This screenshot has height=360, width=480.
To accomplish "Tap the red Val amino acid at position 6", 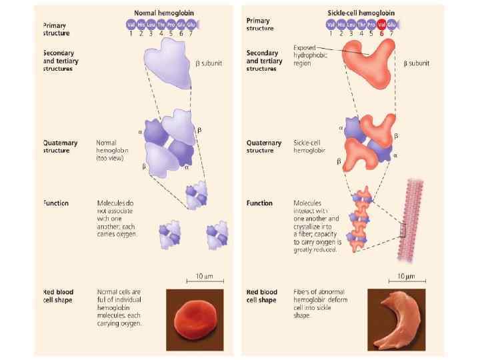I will click(x=382, y=25).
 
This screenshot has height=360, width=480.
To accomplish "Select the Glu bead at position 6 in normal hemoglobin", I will click(x=181, y=25).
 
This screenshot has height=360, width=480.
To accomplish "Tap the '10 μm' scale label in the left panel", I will click(x=204, y=276).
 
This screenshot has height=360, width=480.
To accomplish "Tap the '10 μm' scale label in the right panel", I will click(x=405, y=276).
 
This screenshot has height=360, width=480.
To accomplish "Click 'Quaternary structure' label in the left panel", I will click(x=61, y=147).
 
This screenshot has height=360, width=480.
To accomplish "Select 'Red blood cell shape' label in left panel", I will click(x=58, y=295).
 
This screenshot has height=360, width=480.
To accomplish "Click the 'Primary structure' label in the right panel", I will click(x=259, y=25).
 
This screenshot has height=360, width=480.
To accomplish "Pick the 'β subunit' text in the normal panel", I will click(x=209, y=63).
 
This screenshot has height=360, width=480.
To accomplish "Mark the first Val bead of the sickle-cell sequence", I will click(x=331, y=25).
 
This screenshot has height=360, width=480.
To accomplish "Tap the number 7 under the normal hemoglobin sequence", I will click(x=191, y=33).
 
